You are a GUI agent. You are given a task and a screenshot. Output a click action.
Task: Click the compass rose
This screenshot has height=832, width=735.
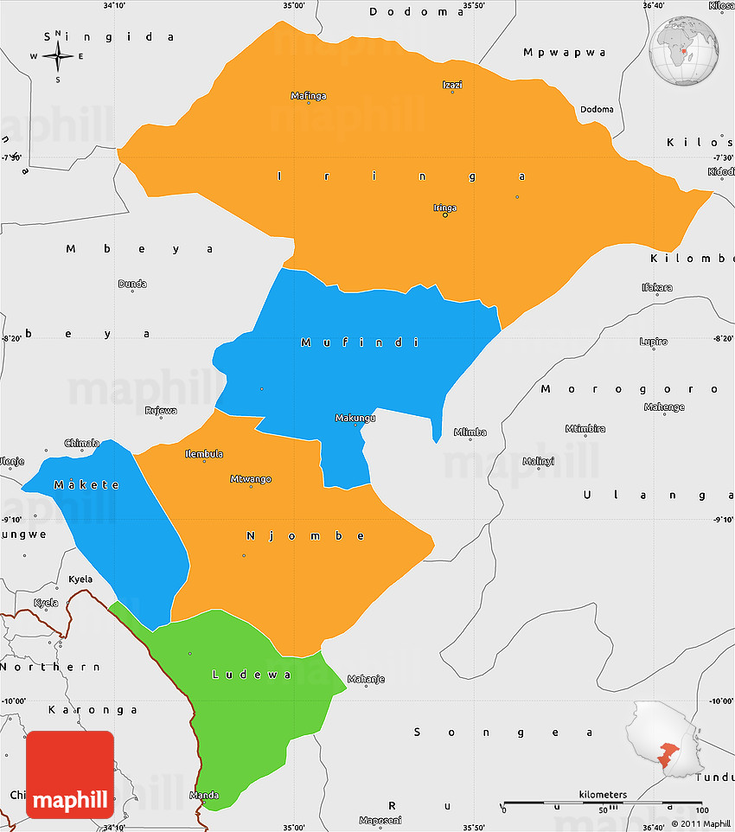tap(58, 57)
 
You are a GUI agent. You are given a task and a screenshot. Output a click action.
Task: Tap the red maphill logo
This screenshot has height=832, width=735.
tap(70, 774)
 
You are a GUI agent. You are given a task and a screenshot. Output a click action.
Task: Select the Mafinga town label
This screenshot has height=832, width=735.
tap(309, 96)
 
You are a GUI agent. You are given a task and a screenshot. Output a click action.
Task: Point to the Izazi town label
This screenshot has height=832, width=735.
tap(452, 85)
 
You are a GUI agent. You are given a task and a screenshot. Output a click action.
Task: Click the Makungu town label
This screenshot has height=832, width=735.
tap(355, 419)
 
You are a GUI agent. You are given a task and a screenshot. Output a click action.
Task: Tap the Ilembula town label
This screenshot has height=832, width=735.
tap(204, 454)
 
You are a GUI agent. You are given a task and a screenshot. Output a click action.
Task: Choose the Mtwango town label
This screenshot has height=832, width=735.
tap(251, 479)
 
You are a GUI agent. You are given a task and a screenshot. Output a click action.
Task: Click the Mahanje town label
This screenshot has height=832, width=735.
tap(366, 679)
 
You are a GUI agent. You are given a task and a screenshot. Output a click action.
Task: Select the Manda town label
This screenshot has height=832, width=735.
tap(204, 796)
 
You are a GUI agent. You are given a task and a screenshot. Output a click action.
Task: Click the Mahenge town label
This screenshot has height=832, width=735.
tap(665, 407)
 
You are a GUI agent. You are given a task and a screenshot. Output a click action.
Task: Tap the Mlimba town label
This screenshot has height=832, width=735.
tap(470, 432)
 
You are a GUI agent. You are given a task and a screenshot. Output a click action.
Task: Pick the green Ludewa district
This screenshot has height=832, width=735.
tap(251, 701)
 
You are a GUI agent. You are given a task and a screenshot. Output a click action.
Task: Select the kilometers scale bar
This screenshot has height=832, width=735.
tap(603, 802)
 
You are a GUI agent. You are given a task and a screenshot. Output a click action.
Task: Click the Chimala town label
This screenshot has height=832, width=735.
tap(82, 443)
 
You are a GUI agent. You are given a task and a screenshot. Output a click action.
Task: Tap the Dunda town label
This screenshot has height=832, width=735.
tap(132, 284)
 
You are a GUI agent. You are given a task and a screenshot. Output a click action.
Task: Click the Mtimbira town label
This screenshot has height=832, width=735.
tap(585, 429)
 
